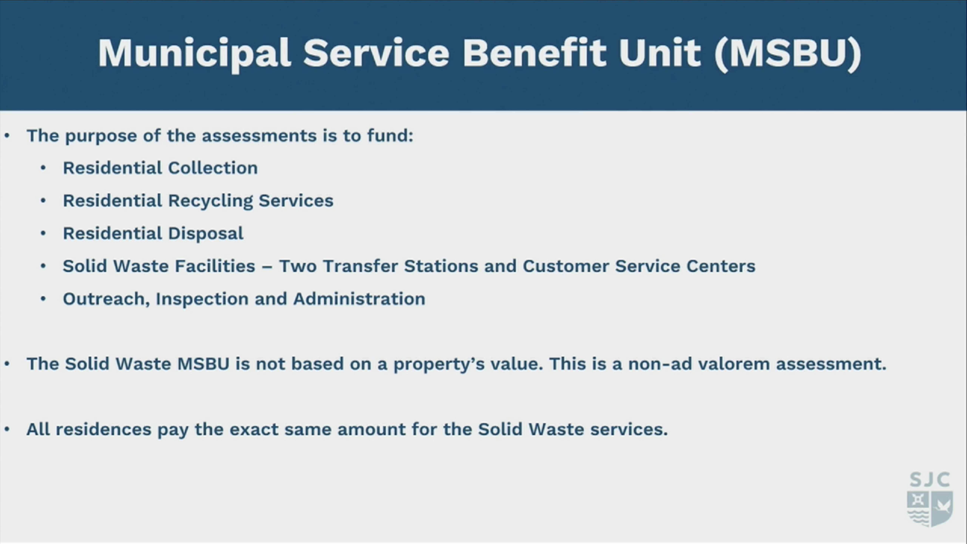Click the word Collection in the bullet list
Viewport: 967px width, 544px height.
[x=213, y=168]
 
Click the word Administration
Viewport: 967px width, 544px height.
[x=359, y=299]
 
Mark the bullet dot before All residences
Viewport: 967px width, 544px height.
[x=7, y=429]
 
